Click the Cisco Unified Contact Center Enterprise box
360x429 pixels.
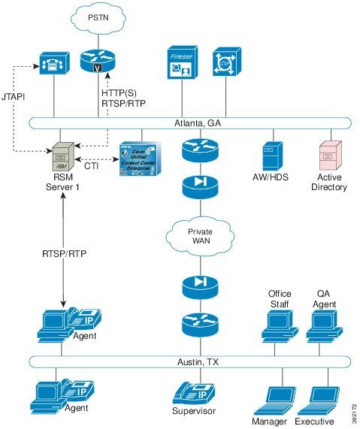142,157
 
